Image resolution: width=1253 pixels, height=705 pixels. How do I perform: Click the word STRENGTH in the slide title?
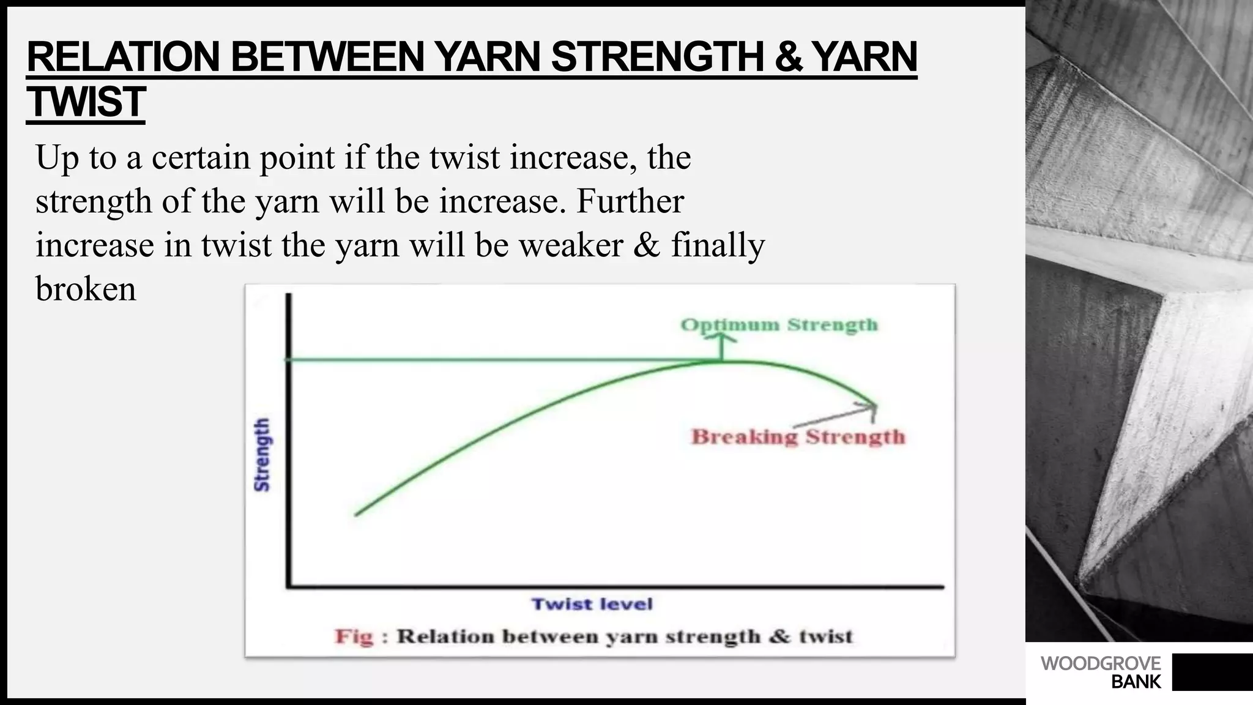[x=658, y=57]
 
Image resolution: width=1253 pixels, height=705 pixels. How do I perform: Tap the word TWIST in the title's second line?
[x=86, y=102]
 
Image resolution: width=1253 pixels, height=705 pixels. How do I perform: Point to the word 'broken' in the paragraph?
[x=86, y=289]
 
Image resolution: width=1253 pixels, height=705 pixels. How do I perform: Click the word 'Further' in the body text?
[x=630, y=201]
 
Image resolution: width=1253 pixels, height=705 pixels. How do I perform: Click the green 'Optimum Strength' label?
[x=779, y=324]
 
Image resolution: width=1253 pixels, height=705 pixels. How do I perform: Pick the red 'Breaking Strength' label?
[x=798, y=437]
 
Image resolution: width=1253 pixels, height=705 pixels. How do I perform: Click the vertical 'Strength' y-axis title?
[x=262, y=455]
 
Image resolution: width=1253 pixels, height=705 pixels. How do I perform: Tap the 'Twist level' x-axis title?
[x=592, y=605]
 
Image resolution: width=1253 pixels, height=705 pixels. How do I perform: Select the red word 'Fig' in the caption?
[x=354, y=636]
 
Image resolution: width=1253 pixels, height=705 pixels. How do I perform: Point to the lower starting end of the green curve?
[x=357, y=514]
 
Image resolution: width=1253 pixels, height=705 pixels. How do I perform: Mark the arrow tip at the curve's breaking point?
[x=875, y=405]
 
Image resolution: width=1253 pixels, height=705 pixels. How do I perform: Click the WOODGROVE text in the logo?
[x=1101, y=663]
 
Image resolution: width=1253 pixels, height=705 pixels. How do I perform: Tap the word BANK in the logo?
[x=1136, y=682]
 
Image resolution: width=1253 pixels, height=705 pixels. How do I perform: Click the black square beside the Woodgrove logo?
[x=1212, y=672]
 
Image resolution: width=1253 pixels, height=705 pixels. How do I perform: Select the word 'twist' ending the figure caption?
[x=825, y=636]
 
